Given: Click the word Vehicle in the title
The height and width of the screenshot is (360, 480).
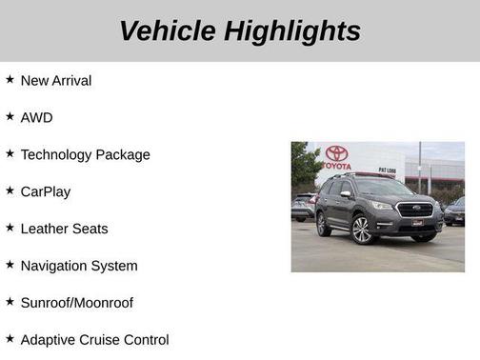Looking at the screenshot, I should point(168,31).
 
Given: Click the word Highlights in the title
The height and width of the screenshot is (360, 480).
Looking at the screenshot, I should point(292,31).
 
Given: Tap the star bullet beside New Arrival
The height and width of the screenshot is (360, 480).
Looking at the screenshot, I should point(10,80).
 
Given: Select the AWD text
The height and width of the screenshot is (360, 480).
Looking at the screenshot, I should point(36,117).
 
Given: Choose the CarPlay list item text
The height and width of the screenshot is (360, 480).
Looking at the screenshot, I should point(46,191).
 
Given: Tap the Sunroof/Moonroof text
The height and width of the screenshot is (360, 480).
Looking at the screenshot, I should point(77,303).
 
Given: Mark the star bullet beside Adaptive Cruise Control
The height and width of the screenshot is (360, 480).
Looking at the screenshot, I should point(10,339).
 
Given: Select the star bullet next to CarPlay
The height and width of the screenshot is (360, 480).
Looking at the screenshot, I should point(10,190).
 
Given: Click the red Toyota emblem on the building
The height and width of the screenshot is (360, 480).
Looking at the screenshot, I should point(336,153).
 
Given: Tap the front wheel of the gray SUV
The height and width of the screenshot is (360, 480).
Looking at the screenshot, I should point(362,230).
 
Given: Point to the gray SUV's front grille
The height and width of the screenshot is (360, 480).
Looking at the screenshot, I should point(414,210).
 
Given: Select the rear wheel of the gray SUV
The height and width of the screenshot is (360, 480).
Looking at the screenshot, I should point(323,223).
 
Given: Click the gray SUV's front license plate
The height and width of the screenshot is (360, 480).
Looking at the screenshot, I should point(417,222).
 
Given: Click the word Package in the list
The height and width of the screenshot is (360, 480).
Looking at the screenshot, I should point(124,154).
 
